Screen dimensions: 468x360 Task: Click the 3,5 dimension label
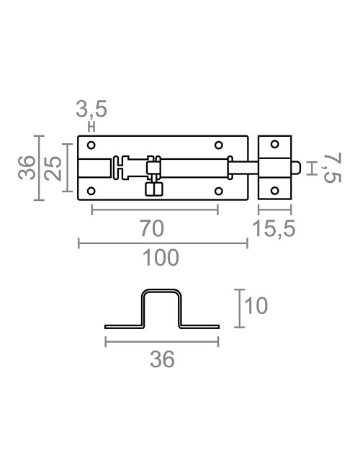click(91, 110)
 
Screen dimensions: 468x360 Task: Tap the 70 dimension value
click(153, 228)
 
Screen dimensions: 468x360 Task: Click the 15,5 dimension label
click(275, 229)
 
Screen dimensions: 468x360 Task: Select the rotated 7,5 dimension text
click(330, 168)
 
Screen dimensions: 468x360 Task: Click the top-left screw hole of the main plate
click(91, 146)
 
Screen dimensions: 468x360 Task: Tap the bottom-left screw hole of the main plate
click(91, 191)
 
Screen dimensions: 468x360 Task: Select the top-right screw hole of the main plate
click(217, 146)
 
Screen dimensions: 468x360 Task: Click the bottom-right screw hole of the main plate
click(217, 191)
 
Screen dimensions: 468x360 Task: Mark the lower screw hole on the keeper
click(274, 191)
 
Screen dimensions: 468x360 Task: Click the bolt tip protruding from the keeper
click(296, 168)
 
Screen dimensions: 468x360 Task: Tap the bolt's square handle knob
click(153, 189)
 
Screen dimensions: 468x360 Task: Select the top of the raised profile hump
click(161, 292)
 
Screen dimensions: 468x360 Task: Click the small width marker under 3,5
click(91, 125)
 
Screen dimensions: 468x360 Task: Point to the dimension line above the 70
click(154, 210)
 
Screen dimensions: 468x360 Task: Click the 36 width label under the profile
click(163, 359)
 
